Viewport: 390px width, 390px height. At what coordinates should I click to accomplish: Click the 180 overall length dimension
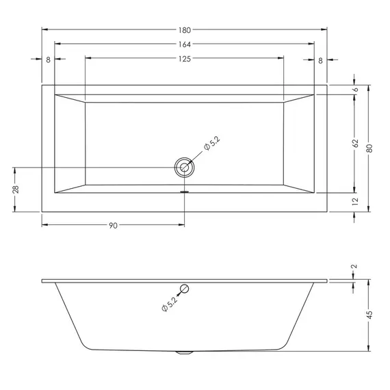(185, 30)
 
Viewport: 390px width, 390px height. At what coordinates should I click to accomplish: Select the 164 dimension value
(185, 44)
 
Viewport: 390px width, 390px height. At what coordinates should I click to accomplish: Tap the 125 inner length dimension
(185, 59)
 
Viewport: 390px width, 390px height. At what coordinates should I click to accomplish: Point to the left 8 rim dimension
(49, 60)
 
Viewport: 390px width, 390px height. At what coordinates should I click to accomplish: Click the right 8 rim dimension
(320, 60)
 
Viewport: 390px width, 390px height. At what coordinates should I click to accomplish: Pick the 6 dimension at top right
(356, 90)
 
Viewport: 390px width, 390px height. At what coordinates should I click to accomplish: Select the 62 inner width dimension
(356, 143)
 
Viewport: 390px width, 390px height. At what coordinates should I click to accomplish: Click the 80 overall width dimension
(369, 148)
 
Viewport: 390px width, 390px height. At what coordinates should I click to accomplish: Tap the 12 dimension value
(355, 201)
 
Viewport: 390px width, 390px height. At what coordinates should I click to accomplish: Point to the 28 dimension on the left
(16, 190)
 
